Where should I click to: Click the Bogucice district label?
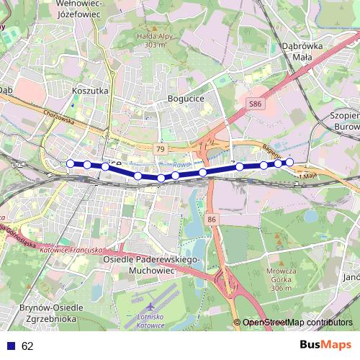click(186, 98)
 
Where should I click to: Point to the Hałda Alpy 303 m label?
click(160, 40)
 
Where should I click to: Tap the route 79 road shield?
click(160, 148)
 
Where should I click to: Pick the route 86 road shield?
click(211, 218)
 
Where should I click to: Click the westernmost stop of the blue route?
click(70, 163)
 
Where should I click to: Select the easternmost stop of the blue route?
click(289, 162)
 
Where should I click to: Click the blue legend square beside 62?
click(10, 346)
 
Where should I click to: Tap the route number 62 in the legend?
click(27, 346)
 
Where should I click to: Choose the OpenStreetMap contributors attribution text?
click(297, 323)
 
